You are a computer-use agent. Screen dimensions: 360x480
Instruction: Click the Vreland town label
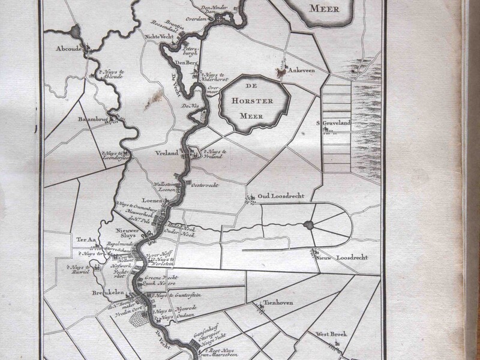(x=167, y=154)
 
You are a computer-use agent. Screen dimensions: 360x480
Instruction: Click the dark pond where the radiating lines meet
(x=310, y=226)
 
